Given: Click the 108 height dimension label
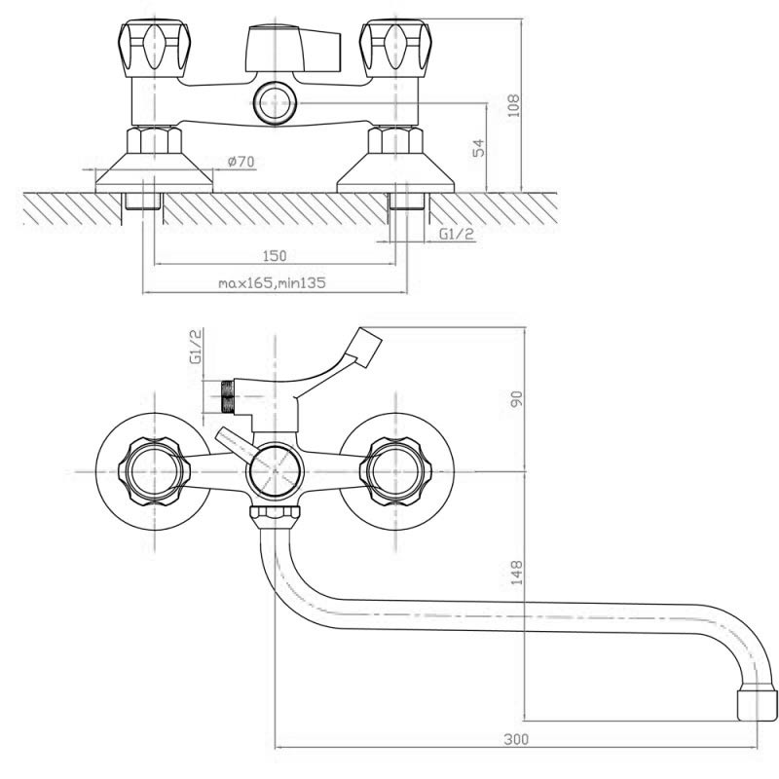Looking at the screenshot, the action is (x=514, y=105).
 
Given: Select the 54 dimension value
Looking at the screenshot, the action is (x=478, y=148).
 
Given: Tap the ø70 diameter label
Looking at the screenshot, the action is (x=241, y=162).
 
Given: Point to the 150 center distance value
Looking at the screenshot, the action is (x=275, y=256).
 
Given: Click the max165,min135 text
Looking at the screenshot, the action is (x=273, y=282).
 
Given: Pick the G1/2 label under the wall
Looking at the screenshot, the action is (x=457, y=234).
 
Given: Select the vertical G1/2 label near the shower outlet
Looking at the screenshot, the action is (x=197, y=347).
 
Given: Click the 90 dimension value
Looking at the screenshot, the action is (x=517, y=398).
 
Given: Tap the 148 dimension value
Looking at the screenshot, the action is (x=517, y=572).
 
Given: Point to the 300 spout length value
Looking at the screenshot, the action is (x=517, y=739).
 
